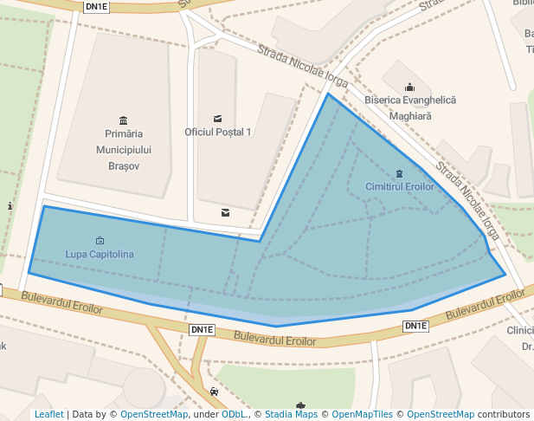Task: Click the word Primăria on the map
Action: [123, 134]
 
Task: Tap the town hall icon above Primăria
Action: [123, 120]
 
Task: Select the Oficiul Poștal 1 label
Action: [217, 132]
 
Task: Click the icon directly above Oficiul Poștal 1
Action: [217, 118]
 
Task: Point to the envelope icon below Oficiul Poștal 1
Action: [225, 212]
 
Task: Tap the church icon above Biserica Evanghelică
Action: [409, 87]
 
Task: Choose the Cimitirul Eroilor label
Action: [399, 187]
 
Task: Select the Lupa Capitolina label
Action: [100, 254]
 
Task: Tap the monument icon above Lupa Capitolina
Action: [100, 241]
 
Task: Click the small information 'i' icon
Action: [10, 206]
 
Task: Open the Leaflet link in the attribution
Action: [49, 415]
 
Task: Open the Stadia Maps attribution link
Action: [291, 415]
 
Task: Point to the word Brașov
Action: [123, 165]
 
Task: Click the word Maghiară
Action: [409, 114]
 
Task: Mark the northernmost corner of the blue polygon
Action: [328, 94]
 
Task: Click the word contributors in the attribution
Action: [503, 415]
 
